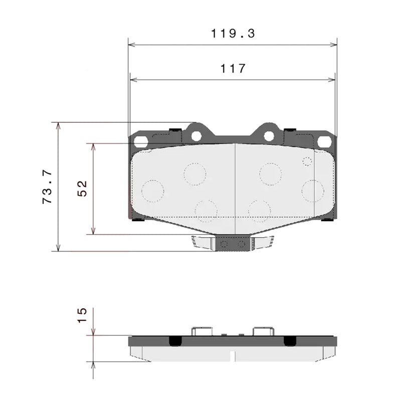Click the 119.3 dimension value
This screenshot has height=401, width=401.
[x=233, y=34]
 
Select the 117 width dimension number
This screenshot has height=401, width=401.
[x=233, y=68]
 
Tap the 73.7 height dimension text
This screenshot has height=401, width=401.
[x=48, y=187]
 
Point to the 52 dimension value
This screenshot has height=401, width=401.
[x=83, y=188]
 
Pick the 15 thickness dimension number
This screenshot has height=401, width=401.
[x=83, y=315]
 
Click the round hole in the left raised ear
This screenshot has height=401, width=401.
[x=196, y=136]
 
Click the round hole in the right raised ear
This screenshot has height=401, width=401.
[x=269, y=136]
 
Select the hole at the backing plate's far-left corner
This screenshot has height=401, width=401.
[x=141, y=142]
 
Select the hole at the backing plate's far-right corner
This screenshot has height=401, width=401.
[x=324, y=142]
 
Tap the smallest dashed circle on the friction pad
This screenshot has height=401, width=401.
[x=307, y=161]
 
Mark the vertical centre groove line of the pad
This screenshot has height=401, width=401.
[x=236, y=185]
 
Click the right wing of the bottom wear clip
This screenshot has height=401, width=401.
[x=263, y=243]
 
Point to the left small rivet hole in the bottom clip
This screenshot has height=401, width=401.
[x=224, y=244]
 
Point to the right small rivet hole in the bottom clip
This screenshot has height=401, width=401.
[x=242, y=244]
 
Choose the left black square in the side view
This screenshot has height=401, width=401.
[x=175, y=341]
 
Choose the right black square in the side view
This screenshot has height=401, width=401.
[x=290, y=341]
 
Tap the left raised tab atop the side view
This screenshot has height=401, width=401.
[x=203, y=331]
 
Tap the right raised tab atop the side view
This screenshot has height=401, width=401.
[x=263, y=331]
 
